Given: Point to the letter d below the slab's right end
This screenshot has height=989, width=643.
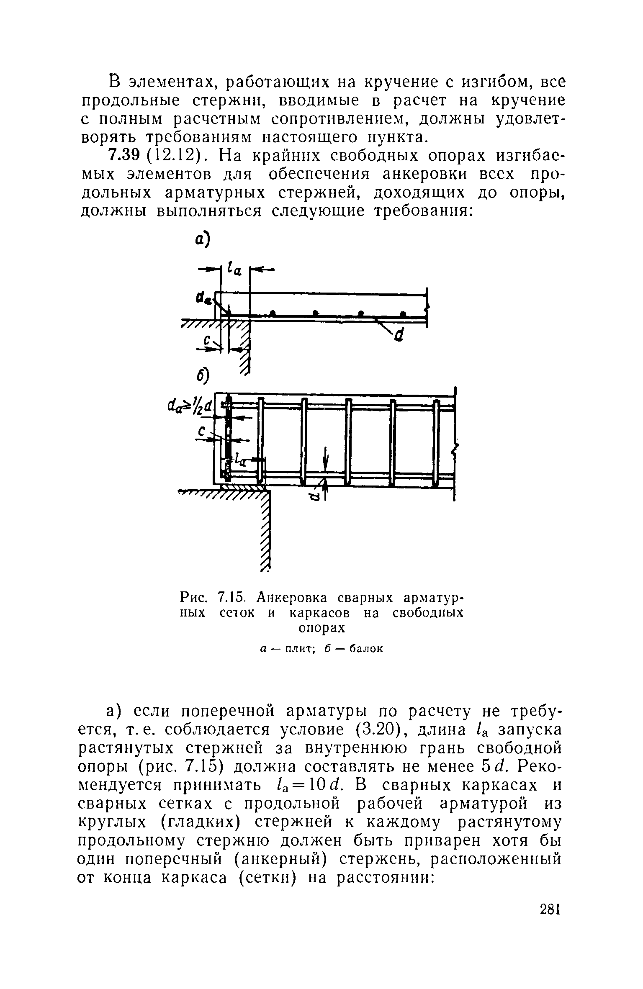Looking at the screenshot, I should [399, 334].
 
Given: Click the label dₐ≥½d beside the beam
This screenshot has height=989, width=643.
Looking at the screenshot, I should [190, 406].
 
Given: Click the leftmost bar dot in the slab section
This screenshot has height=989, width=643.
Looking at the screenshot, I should [273, 313].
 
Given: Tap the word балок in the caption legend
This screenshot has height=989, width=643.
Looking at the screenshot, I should [366, 649].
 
